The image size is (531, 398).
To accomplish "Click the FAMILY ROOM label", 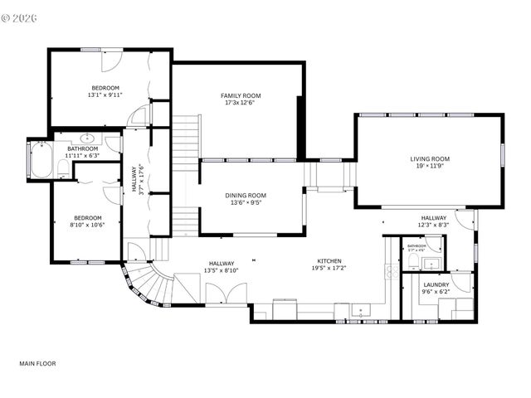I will pyautogui.click(x=236, y=95).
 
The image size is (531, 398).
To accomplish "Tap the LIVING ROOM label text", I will pyautogui.click(x=430, y=158).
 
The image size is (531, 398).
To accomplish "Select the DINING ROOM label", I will pyautogui.click(x=246, y=196).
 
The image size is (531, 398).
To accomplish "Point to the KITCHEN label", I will pyautogui.click(x=329, y=260).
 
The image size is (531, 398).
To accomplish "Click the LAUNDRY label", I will pyautogui.click(x=436, y=285).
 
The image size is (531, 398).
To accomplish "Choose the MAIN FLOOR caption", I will pyautogui.click(x=38, y=363).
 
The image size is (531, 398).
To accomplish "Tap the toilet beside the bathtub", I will pyautogui.click(x=63, y=168).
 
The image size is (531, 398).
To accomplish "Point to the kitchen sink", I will pyautogui.click(x=361, y=312).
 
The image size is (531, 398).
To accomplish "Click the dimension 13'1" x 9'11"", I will pyautogui.click(x=105, y=95).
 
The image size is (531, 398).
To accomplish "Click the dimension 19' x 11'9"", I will pyautogui.click(x=430, y=166).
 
